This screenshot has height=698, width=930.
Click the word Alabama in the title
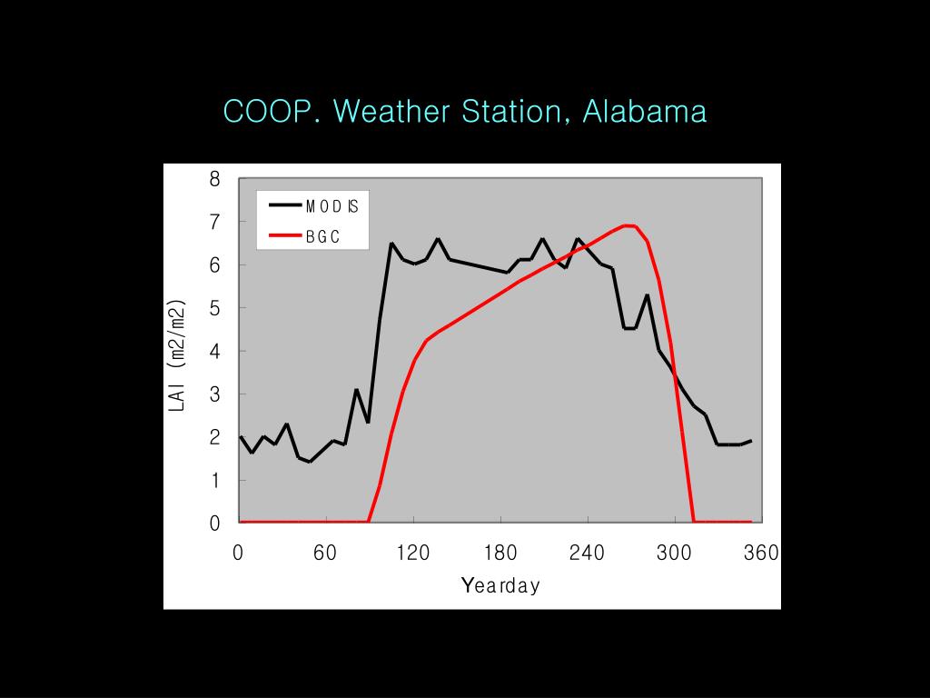[x=644, y=112]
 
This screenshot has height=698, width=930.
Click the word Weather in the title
[x=397, y=112]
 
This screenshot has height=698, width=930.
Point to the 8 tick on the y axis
[x=215, y=179]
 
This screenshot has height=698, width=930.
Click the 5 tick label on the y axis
[x=215, y=308]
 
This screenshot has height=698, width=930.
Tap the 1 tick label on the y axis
[x=215, y=481]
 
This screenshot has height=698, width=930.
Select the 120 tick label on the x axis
[x=413, y=553]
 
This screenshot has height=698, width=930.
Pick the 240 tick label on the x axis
[x=588, y=553]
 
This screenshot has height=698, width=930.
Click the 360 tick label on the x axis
[x=762, y=553]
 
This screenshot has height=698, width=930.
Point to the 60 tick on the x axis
[x=326, y=553]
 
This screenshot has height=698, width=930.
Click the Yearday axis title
[x=500, y=585]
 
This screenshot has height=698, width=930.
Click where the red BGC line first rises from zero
[x=368, y=522]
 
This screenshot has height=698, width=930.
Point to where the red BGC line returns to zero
[x=694, y=522]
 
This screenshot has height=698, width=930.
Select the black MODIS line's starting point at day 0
[x=241, y=437]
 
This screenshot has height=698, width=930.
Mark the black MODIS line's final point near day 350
[x=751, y=441]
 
